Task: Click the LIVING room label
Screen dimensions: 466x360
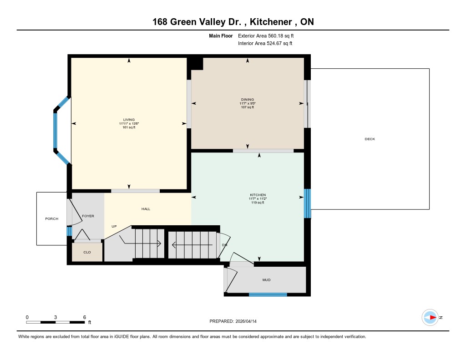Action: [x=129, y=120]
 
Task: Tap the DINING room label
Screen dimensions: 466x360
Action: [x=248, y=99]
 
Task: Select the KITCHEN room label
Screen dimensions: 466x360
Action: [x=258, y=195]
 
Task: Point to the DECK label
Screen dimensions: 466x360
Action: [x=370, y=139]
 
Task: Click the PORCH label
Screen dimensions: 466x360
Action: [x=52, y=218]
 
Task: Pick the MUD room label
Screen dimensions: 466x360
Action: [x=266, y=280]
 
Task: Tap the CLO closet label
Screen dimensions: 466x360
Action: [x=87, y=252]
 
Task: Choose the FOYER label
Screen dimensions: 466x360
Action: [x=88, y=216]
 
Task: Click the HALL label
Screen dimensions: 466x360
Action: [x=146, y=209]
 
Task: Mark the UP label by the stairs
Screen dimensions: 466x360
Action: [x=114, y=226]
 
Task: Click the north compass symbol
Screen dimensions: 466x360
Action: [x=430, y=318]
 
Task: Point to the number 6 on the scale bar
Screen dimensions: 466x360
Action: [x=84, y=317]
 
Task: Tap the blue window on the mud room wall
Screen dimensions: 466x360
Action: [x=268, y=294]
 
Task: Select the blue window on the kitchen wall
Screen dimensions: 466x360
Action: [x=307, y=203]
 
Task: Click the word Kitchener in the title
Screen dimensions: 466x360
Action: [x=271, y=22]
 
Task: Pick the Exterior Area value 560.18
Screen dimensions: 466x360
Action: [x=275, y=35]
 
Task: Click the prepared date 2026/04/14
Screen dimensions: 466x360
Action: [x=246, y=321]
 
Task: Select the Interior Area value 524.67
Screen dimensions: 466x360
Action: [x=274, y=43]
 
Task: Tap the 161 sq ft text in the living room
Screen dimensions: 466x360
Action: [x=129, y=127]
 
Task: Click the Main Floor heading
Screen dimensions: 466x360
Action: [x=221, y=35]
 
